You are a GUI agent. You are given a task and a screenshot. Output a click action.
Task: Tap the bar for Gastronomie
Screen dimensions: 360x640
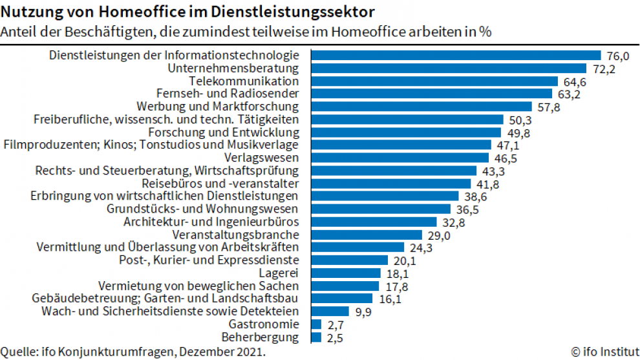click(316, 324)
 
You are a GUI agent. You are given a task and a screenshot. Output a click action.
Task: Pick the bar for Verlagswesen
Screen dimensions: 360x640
click(400, 158)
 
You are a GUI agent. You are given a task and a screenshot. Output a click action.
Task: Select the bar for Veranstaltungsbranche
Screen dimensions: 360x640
click(367, 235)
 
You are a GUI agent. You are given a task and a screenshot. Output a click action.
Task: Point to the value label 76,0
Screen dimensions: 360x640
click(618, 56)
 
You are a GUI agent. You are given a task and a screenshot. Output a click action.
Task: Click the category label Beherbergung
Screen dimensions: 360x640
click(260, 337)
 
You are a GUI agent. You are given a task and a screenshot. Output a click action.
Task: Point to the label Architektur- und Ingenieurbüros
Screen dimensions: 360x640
click(211, 222)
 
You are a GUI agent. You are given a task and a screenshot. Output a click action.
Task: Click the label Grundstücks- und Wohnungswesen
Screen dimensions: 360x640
click(202, 209)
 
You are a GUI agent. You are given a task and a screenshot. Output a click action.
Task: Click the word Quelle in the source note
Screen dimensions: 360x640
click(17, 352)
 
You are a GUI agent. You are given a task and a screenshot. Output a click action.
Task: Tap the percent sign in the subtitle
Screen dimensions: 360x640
click(484, 32)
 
